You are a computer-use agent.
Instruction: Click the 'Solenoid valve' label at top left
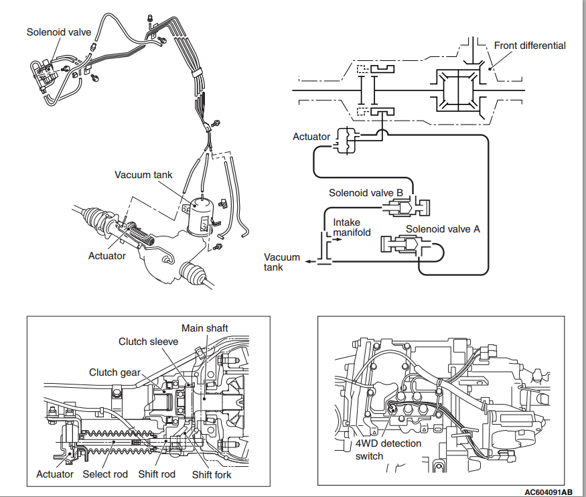tap(59, 32)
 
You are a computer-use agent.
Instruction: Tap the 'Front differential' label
tap(530, 46)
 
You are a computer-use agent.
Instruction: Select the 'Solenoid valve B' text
tap(366, 193)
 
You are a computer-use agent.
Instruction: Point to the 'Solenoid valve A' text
tap(443, 229)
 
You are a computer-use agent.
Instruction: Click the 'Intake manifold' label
tap(352, 228)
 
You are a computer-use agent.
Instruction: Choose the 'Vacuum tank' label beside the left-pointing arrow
tap(282, 263)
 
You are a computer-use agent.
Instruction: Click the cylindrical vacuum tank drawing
tap(200, 218)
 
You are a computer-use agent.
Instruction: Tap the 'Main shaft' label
tap(205, 328)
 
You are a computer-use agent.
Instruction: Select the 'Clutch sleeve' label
tap(149, 342)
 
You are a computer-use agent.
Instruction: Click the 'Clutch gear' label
tap(115, 372)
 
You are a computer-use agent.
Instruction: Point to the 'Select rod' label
tap(105, 474)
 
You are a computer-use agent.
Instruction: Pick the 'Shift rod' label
tap(157, 474)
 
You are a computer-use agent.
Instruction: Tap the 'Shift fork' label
tap(212, 475)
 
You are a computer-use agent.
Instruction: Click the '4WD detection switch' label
tap(388, 449)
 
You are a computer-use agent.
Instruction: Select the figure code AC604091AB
tap(548, 492)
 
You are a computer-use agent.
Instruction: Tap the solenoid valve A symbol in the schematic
tap(404, 244)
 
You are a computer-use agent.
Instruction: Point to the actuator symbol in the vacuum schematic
tap(347, 141)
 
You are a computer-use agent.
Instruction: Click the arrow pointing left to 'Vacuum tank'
tap(311, 262)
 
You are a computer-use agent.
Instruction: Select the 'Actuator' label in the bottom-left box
tap(55, 474)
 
